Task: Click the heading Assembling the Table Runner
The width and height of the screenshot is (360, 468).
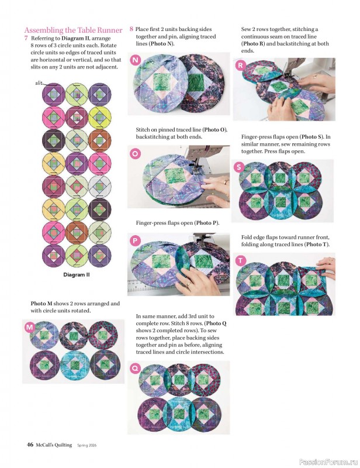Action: click(73, 30)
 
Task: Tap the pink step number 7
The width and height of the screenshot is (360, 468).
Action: click(26, 38)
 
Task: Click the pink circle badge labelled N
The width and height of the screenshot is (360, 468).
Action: click(136, 61)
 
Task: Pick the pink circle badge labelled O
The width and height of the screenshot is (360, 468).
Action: click(136, 153)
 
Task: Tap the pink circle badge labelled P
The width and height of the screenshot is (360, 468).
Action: click(136, 240)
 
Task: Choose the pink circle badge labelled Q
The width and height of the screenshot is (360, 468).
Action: click(136, 368)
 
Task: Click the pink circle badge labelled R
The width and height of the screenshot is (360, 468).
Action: click(240, 66)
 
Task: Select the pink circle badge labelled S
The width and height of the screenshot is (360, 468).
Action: click(239, 167)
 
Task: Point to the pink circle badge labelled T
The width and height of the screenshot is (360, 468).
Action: click(240, 260)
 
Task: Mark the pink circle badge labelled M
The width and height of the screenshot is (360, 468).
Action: click(29, 328)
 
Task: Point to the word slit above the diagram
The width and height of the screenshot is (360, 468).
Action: click(39, 84)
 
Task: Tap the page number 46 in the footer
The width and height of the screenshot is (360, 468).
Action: click(29, 445)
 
